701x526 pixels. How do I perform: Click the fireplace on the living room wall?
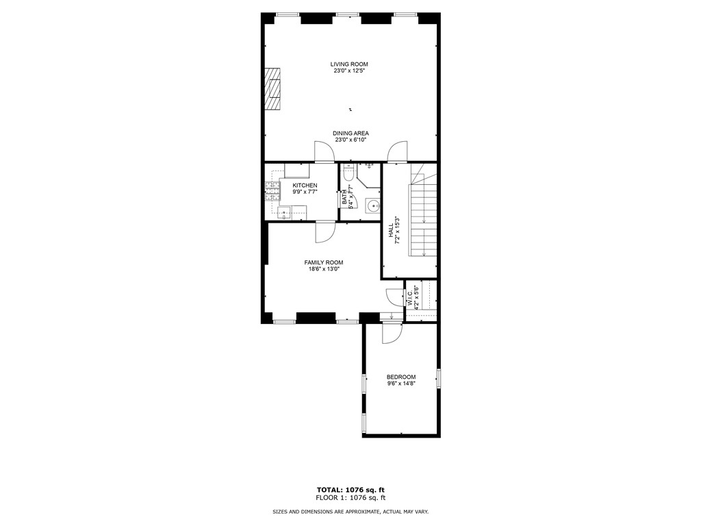[273, 89]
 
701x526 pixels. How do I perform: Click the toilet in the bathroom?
[348, 174]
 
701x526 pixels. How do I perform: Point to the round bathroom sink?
[372, 205]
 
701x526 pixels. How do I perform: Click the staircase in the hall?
[423, 212]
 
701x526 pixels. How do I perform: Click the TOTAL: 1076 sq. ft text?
[350, 490]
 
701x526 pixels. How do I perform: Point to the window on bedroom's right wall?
[439, 378]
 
